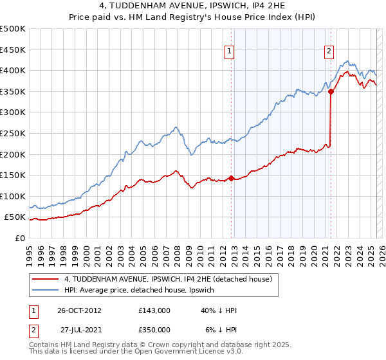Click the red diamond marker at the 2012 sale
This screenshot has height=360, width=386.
tap(231, 179)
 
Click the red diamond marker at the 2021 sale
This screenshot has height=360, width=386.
tap(331, 92)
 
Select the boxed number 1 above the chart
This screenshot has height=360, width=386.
tap(230, 53)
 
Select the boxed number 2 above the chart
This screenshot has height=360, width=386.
tap(329, 53)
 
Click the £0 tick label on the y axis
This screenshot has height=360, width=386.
tap(19, 239)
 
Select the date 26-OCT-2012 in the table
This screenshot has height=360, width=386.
tap(79, 310)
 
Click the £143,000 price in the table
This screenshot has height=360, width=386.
tap(154, 310)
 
